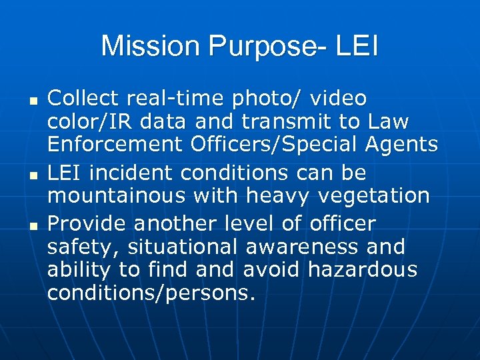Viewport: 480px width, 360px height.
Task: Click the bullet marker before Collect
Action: tap(31, 100)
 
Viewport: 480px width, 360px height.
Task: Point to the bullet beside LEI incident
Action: tap(31, 174)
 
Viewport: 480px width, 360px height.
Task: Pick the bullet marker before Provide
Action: tap(31, 223)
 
